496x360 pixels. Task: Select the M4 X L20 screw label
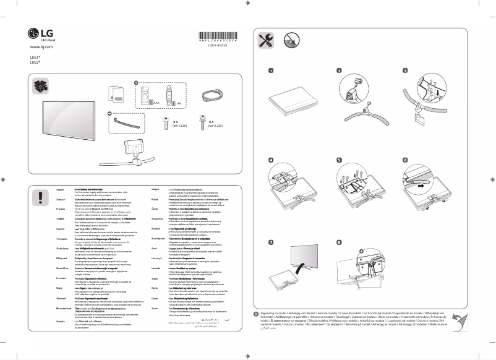(215, 126)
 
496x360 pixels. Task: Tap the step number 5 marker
(339, 160)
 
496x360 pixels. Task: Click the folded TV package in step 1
(293, 101)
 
